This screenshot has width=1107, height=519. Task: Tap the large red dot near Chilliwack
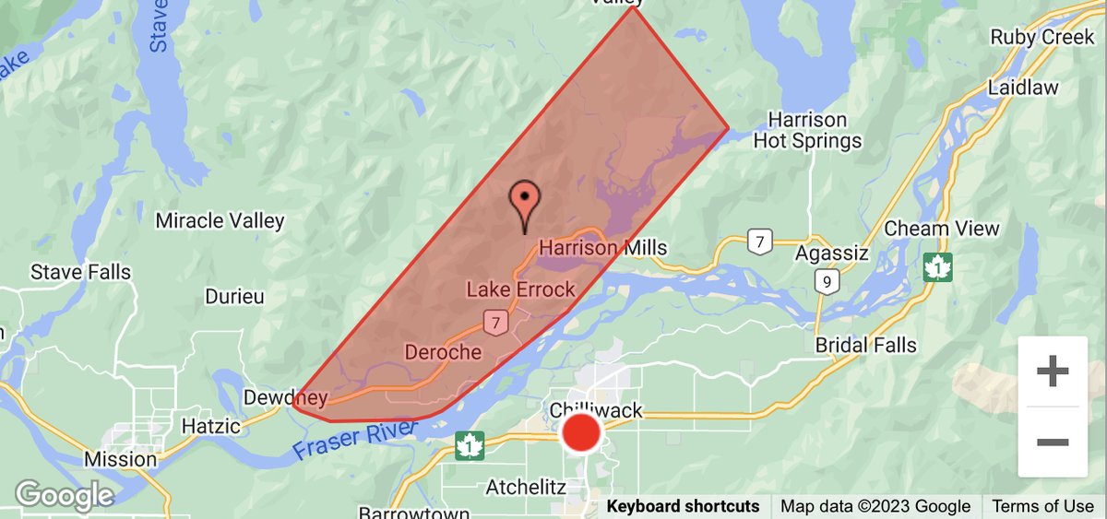point(581,432)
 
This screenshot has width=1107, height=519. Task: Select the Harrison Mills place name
point(602,248)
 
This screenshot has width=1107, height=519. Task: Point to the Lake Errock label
point(520,289)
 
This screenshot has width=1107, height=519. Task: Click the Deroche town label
point(443,352)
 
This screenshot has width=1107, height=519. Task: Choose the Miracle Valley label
point(220,221)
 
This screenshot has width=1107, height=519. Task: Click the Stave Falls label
point(80,273)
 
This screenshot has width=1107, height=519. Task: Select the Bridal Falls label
point(866,346)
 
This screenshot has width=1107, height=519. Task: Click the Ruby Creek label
point(1042,38)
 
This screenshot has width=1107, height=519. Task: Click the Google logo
point(64,495)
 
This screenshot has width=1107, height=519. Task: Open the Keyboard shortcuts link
point(683,506)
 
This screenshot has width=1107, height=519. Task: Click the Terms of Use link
point(1043,506)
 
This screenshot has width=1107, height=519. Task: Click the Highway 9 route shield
point(827,281)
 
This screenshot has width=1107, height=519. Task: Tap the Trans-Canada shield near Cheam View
point(938,267)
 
